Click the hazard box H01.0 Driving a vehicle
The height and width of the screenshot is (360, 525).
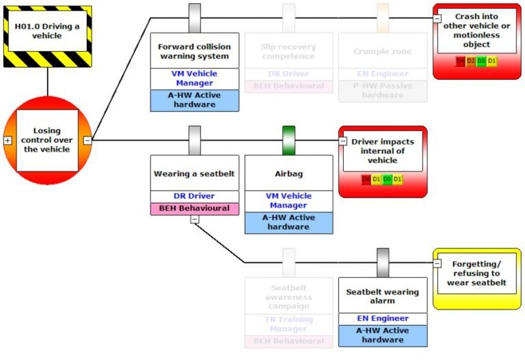click(47, 31)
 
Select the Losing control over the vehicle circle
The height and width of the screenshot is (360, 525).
click(47, 140)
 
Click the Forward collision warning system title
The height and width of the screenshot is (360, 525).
click(194, 51)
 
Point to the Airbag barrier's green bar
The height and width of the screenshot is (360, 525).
click(288, 140)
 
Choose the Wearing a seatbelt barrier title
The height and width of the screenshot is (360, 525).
click(194, 174)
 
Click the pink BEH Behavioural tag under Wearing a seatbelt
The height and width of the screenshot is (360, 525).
click(194, 208)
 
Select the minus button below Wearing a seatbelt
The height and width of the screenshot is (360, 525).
click(195, 219)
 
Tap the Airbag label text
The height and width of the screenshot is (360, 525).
click(288, 174)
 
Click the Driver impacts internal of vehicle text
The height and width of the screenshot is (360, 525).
click(382, 151)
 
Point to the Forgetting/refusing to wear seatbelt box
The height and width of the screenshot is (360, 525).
click(476, 273)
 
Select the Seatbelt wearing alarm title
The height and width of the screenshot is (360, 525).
click(382, 296)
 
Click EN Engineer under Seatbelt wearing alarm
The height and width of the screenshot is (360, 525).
click(382, 318)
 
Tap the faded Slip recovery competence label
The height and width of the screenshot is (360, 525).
click(288, 51)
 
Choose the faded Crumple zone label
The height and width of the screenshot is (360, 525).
click(382, 51)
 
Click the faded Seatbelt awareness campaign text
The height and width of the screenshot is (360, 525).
click(288, 297)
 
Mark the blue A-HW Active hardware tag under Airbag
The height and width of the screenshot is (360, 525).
click(288, 222)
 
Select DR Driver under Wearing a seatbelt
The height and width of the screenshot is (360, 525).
click(194, 196)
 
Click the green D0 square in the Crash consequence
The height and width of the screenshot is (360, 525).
click(482, 61)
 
